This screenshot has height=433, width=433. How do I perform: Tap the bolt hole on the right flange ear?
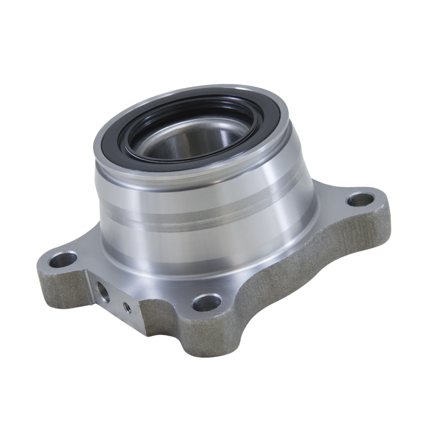point(360,199)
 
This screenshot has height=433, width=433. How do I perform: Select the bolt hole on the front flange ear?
point(207,302)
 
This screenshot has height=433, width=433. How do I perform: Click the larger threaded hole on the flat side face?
point(103,293)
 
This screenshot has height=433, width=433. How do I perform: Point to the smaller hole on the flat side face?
point(127,307)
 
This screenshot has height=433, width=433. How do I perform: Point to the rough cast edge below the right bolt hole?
point(373,227)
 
